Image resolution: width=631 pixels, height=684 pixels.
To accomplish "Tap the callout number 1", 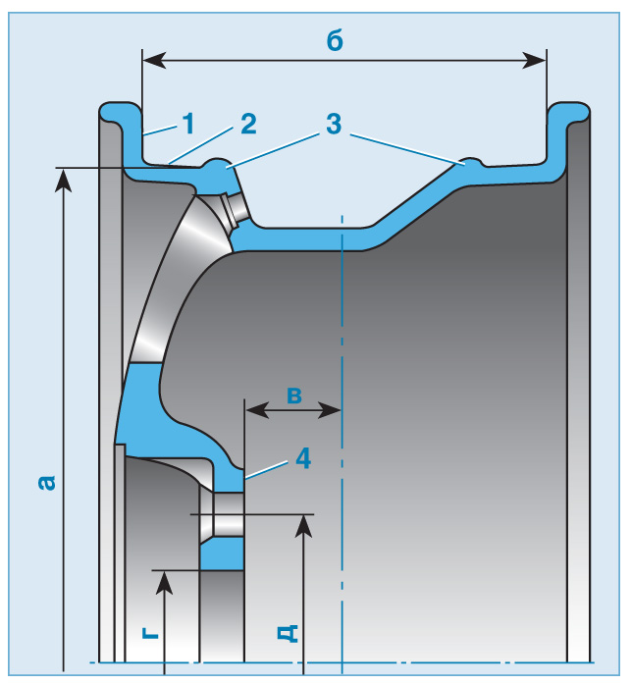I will click(186, 125).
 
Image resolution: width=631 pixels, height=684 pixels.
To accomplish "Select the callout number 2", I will click(246, 124).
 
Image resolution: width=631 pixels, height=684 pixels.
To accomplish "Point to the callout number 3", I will click(334, 125).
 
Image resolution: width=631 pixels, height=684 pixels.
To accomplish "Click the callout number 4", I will click(302, 458).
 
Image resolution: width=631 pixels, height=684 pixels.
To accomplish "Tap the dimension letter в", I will click(293, 395).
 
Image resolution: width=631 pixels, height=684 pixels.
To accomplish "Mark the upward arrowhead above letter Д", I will click(304, 526).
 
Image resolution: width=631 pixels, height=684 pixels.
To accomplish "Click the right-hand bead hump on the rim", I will click(468, 161).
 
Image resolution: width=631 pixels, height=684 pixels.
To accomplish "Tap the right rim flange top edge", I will click(571, 104).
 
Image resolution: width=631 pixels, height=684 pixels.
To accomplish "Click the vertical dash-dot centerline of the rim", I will click(341, 442).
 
